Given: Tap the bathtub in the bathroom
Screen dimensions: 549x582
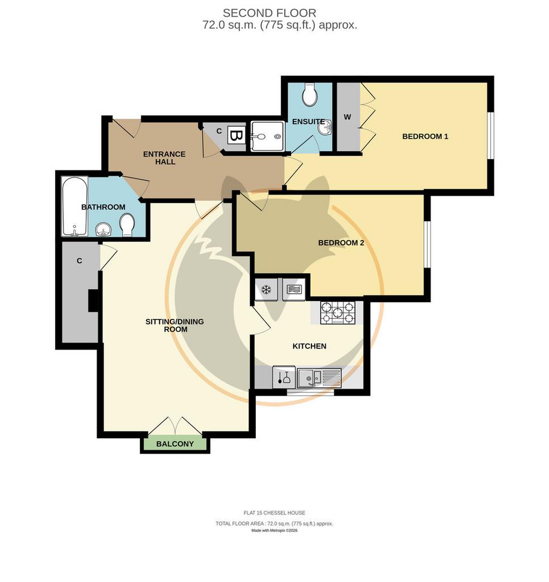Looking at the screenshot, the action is click(74, 206).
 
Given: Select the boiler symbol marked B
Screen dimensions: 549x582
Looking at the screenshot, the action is click(235, 136).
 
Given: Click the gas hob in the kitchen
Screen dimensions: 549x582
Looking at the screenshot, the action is click(338, 313).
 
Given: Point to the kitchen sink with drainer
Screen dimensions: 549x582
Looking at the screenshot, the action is click(319, 378).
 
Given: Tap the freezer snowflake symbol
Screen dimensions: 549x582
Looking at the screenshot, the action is click(266, 289).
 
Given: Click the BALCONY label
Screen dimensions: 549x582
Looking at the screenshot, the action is click(175, 444).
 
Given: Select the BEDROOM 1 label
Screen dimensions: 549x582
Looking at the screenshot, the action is click(425, 136).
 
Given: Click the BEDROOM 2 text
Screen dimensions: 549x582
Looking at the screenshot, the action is click(341, 243).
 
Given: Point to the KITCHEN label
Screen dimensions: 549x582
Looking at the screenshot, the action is click(310, 346).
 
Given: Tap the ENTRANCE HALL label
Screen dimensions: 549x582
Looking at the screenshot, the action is click(164, 158).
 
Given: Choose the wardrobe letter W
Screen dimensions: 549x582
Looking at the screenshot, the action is click(347, 117).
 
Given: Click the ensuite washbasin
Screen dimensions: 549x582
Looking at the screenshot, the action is click(325, 129).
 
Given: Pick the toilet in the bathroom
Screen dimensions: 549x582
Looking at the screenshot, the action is click(127, 225).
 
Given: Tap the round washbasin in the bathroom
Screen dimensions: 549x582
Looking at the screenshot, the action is click(103, 230).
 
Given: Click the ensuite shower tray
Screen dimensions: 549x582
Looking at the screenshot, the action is click(267, 136).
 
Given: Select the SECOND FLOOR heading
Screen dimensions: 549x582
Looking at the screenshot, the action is click(269, 13).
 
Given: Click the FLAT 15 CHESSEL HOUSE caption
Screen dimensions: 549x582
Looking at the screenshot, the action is click(274, 513).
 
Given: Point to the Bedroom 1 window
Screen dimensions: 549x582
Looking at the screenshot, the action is click(490, 135).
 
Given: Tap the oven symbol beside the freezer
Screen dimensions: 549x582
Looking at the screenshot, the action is click(293, 289).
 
